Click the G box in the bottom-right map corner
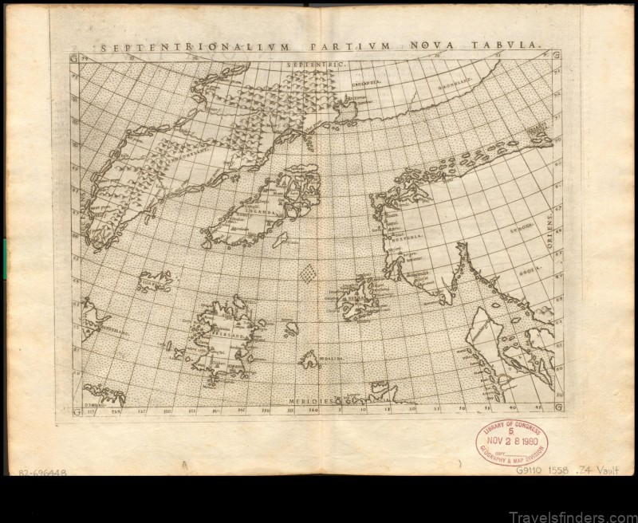557,411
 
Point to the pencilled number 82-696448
35,473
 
